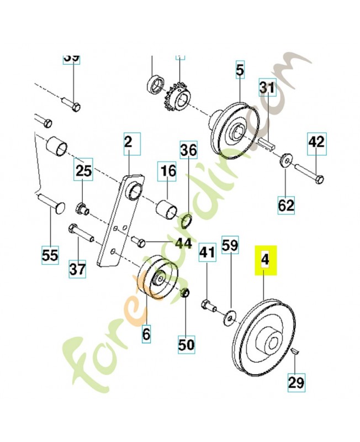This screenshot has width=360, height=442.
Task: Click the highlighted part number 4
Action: click(x=264, y=261)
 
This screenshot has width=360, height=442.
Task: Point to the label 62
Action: click(x=286, y=206)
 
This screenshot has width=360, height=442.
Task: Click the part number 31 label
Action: click(x=268, y=88)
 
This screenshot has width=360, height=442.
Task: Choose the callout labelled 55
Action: click(x=50, y=255)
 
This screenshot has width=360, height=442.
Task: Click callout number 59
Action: click(x=230, y=244)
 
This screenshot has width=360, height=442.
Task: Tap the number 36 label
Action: click(x=188, y=150)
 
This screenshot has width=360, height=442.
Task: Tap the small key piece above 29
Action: click(x=295, y=351)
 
